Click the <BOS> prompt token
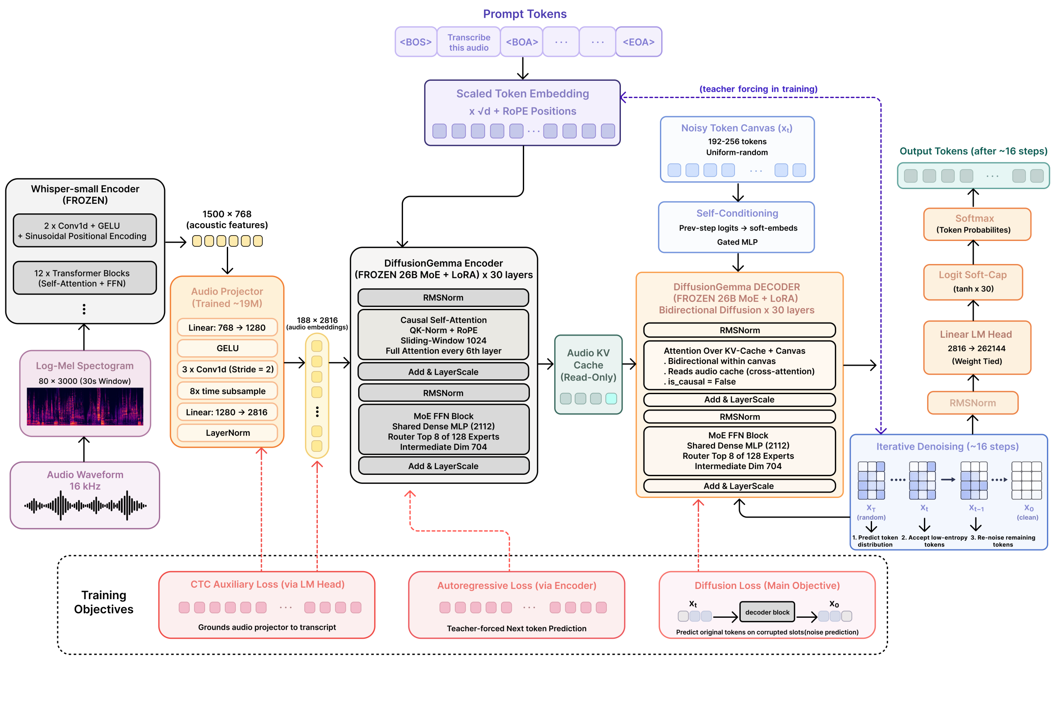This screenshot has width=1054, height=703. point(415,42)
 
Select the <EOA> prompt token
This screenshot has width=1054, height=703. point(639,42)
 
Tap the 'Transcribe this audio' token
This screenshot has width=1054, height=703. point(469,42)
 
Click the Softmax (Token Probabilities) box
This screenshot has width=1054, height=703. point(977,224)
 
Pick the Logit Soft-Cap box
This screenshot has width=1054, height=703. point(973,282)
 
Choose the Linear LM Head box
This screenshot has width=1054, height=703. point(977,348)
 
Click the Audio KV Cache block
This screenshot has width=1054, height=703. point(588,374)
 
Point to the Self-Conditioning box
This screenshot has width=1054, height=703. point(736,227)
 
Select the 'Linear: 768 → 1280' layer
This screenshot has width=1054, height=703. point(227,327)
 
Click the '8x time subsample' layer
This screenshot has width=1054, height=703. point(227,391)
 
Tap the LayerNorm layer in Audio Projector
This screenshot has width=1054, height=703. point(227,433)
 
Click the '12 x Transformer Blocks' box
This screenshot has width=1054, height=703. point(85,278)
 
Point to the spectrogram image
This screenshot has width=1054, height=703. point(85,406)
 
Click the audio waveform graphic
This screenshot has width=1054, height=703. point(85,506)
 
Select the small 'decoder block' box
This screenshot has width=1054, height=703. point(767,612)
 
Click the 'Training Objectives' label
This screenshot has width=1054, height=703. point(103,602)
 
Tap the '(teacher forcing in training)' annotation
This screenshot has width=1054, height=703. point(758,89)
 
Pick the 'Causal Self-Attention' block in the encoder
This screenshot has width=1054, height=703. point(443,335)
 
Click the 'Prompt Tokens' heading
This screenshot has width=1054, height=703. point(525,14)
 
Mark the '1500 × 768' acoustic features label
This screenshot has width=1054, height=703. point(227,214)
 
